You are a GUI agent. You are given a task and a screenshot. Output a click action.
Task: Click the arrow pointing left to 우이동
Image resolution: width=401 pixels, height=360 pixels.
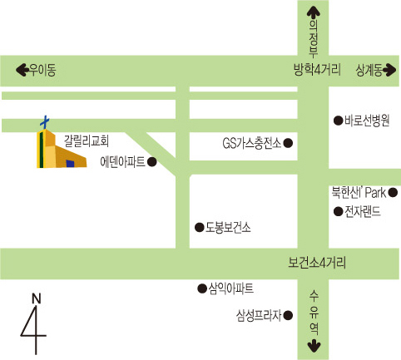click(22, 70)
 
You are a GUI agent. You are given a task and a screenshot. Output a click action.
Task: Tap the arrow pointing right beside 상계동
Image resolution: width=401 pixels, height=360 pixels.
click(389, 70)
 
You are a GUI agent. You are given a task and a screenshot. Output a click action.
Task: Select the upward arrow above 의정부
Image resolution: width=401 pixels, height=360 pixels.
click(314, 12)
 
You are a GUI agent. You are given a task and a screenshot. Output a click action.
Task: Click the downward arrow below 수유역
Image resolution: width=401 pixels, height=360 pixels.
click(314, 346)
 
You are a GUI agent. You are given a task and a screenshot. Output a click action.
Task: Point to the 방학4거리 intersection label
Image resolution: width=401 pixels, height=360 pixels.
click(317, 69)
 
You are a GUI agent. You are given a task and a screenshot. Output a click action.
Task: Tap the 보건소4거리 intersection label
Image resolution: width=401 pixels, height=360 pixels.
click(317, 263)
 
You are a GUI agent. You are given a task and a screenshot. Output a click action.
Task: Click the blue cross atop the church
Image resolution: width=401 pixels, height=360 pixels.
click(45, 122)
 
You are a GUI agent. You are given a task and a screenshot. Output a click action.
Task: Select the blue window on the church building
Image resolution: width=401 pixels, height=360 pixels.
click(70, 164)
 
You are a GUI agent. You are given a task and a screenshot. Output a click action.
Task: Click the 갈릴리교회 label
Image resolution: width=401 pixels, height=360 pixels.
click(87, 141)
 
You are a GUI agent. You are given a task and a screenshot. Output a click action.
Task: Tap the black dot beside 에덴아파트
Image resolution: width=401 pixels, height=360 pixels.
click(152, 162)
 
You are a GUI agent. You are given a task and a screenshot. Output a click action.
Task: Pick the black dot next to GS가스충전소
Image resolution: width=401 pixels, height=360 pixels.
click(288, 143)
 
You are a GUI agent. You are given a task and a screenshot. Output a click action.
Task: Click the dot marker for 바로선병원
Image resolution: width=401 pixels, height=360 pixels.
click(338, 121)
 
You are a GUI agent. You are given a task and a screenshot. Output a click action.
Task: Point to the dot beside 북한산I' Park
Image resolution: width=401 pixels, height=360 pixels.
click(393, 192)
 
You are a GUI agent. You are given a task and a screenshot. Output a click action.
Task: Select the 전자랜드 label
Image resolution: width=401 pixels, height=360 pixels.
click(363, 211)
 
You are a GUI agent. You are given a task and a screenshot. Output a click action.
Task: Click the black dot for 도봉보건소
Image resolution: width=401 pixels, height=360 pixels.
click(200, 228)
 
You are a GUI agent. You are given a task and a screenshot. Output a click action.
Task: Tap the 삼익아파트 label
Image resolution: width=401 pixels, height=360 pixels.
click(231, 288)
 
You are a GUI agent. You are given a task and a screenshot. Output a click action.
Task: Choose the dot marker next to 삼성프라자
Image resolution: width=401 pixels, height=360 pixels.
click(288, 315)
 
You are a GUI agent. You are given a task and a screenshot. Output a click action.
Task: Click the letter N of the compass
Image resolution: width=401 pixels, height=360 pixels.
click(37, 298)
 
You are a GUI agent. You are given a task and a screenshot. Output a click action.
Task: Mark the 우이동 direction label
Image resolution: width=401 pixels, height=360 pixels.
click(42, 70)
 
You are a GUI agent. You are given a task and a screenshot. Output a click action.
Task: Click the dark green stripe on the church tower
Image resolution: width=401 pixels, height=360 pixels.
click(42, 150)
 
